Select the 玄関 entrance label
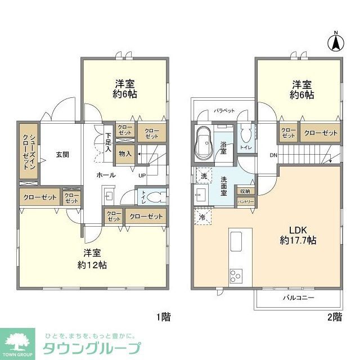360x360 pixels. pos(62,154)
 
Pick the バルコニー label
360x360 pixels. pos(298,297)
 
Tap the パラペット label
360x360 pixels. pos(224,111)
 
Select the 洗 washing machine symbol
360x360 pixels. pos(204,175)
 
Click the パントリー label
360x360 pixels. pos(245,201)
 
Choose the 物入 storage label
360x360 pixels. pos(125,153)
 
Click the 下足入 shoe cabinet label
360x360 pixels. pos(108,142)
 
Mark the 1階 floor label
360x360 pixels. pos(163,317)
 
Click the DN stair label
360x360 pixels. pos(273,156)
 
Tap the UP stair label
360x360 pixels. pos(142,175)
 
